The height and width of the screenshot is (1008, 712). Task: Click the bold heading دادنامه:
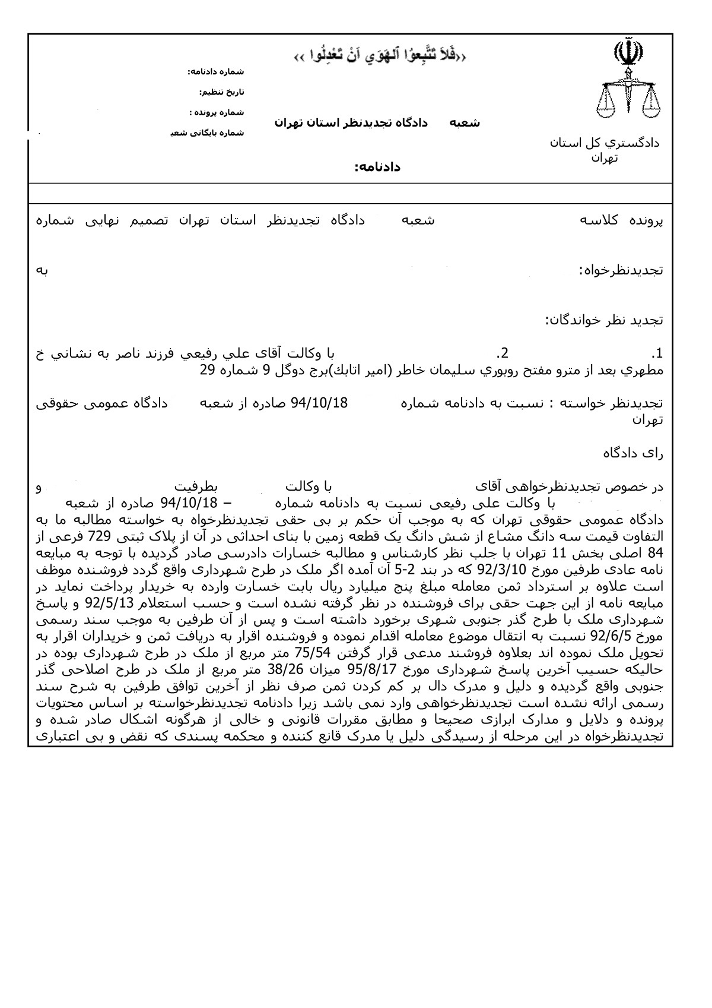377,168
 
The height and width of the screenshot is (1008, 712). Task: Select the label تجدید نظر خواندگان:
605,320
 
